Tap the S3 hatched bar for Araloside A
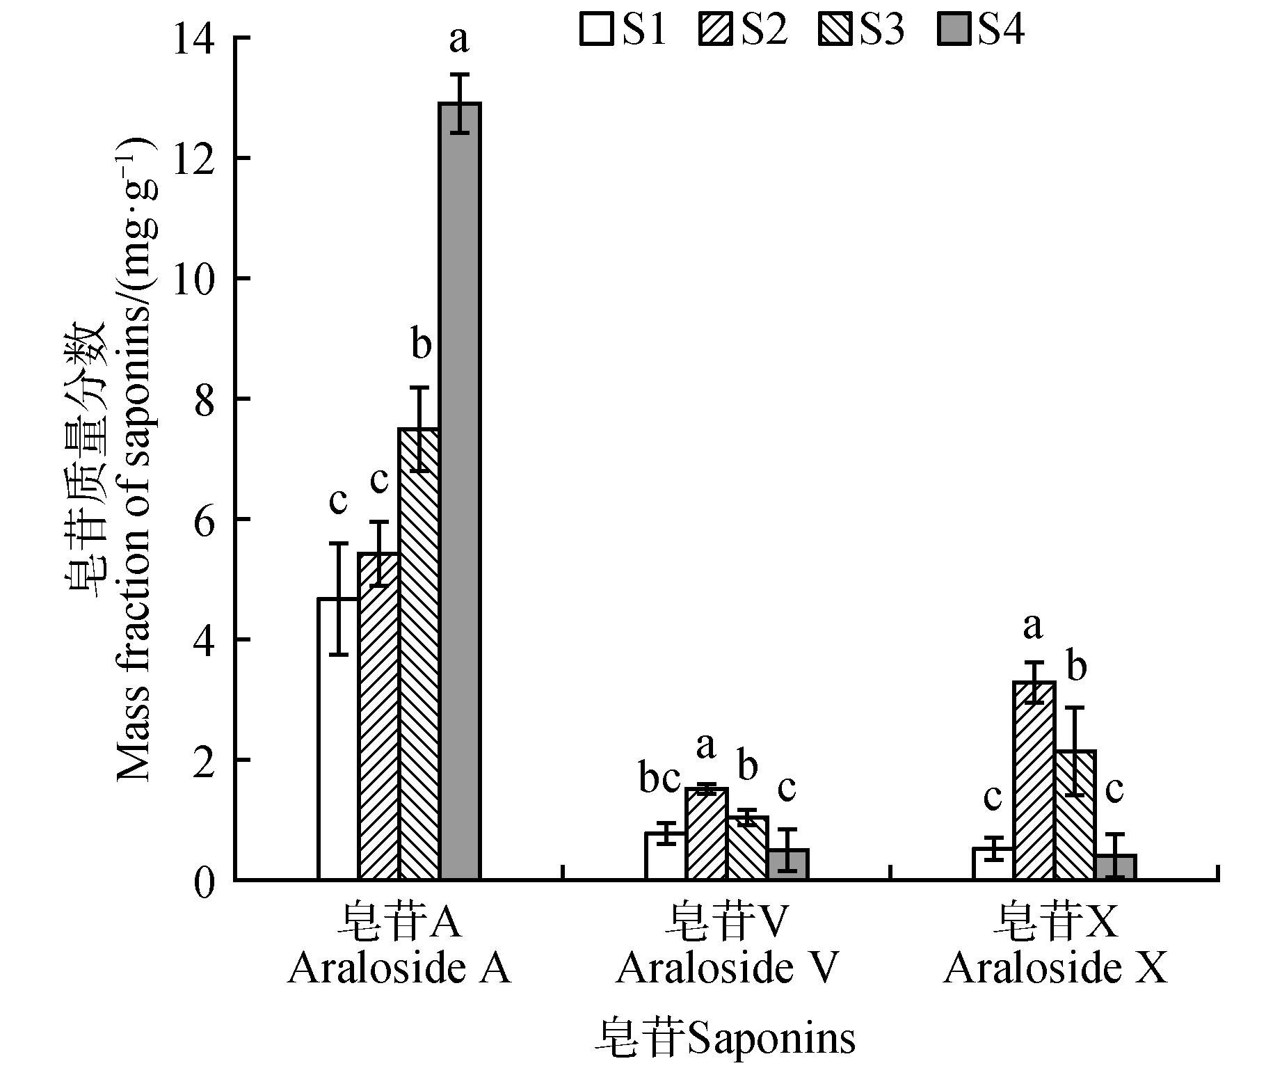(x=419, y=654)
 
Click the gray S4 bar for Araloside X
(x=1115, y=867)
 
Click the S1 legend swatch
(x=596, y=31)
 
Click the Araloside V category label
(x=726, y=968)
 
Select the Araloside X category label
(x=1055, y=968)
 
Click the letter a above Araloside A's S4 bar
(x=458, y=40)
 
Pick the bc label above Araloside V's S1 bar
(x=659, y=779)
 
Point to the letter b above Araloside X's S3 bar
(x=1076, y=667)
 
